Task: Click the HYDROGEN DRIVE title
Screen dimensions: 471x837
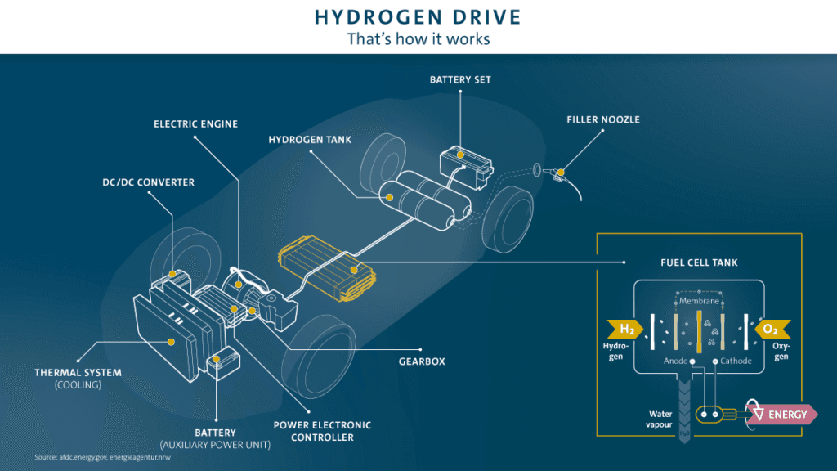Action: click(x=418, y=17)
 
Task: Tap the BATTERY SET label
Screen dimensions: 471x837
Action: click(x=460, y=79)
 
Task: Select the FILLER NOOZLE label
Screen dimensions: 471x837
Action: click(x=603, y=119)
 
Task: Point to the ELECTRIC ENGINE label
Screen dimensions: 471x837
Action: click(x=196, y=124)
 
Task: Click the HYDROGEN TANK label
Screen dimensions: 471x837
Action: click(x=310, y=140)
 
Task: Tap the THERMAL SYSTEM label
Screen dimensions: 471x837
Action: click(x=78, y=373)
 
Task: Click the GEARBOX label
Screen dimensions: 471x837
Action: click(x=423, y=361)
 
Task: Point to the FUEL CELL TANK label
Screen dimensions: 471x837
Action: click(x=699, y=262)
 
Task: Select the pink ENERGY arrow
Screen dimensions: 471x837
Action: click(x=785, y=414)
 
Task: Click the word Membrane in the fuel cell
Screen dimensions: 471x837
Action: click(x=699, y=301)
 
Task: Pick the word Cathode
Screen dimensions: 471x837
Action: click(x=736, y=361)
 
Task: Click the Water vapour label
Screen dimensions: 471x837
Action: click(x=660, y=419)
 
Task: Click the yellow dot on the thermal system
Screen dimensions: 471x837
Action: click(x=172, y=342)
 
